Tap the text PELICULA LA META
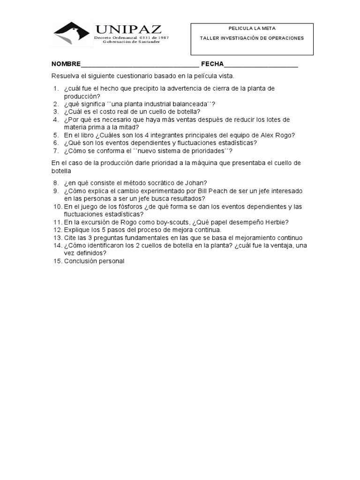(x=252, y=29)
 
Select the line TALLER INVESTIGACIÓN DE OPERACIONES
(x=252, y=38)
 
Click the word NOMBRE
(x=66, y=64)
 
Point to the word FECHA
(x=212, y=64)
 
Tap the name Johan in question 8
(x=196, y=183)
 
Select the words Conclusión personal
(x=94, y=261)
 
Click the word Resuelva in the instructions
(x=65, y=76)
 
